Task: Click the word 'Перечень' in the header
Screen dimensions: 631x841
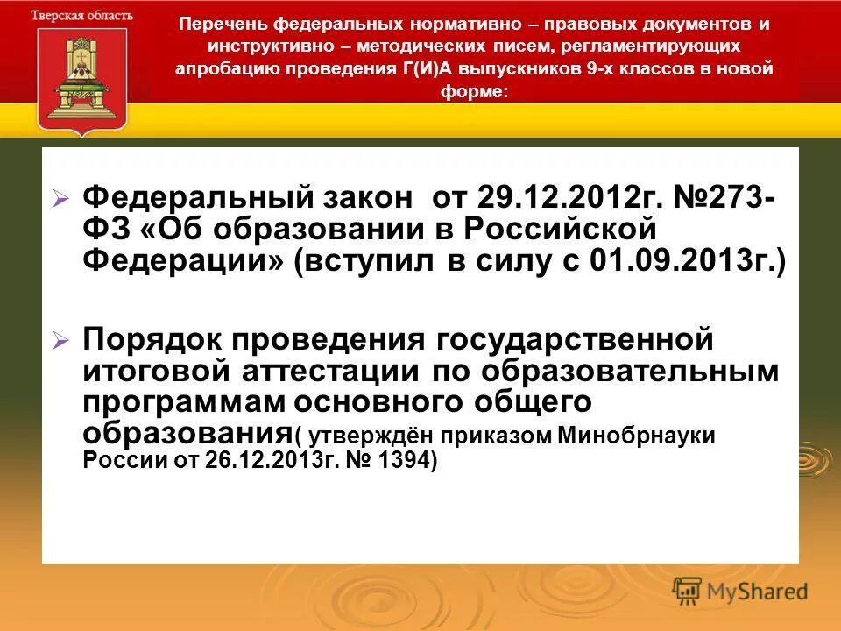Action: pyautogui.click(x=213, y=25)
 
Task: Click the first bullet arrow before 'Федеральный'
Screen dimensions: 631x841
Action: pyautogui.click(x=60, y=201)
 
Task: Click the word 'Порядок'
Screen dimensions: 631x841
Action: pyautogui.click(x=159, y=337)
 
